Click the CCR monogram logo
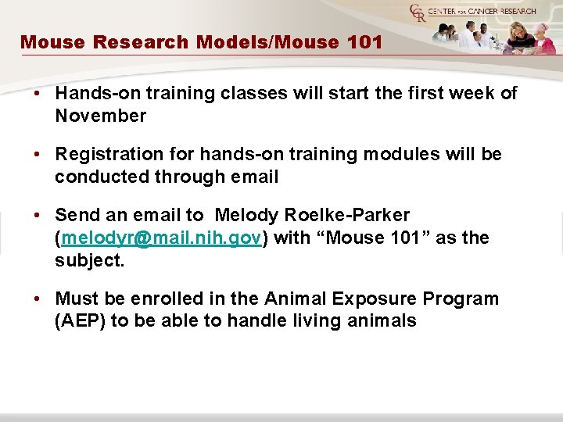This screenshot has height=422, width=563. tap(419, 14)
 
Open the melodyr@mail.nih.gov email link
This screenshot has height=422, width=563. tap(161, 238)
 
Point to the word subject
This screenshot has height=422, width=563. tap(88, 260)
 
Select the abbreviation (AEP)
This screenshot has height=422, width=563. tap(79, 320)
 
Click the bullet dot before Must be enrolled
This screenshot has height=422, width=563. tap(37, 299)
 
